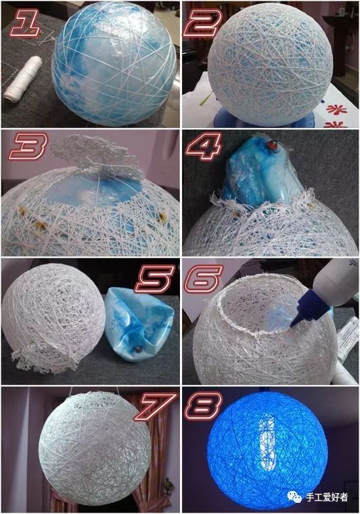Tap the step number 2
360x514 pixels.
pos(202,22)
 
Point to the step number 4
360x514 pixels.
pos(204,146)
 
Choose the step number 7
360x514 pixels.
pos(155,407)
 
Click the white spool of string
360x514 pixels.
pos(22,78)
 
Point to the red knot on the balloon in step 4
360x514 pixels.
pos(272,144)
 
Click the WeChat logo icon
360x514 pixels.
pos(295,496)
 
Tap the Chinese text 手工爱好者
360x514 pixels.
pos(327,497)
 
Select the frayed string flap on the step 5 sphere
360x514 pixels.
pos(46,360)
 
